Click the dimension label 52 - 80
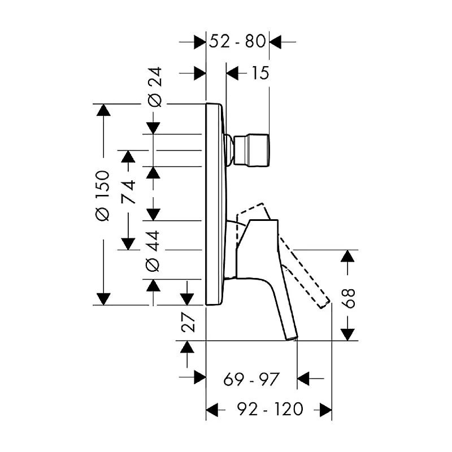[x=237, y=41]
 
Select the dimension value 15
[x=260, y=73]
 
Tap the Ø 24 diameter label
[x=155, y=87]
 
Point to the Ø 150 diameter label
[x=103, y=196]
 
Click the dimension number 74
[x=128, y=192]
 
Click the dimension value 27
[x=188, y=322]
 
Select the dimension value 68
[x=349, y=299]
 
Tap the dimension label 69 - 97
[x=251, y=379]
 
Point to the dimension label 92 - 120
[x=270, y=408]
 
